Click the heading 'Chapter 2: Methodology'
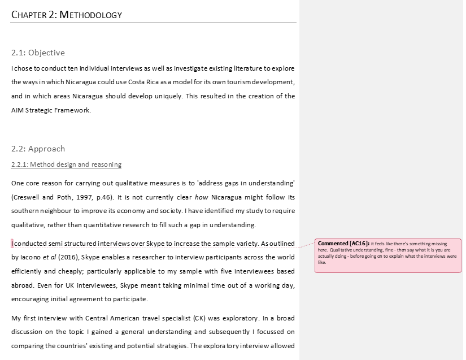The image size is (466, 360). tap(67, 15)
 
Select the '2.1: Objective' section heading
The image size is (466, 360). tap(38, 53)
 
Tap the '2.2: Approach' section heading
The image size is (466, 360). tap(38, 149)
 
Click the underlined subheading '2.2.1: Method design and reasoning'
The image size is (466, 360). tap(66, 164)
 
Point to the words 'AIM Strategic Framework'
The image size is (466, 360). tap(51, 110)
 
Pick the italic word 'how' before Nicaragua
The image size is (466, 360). tap(202, 197)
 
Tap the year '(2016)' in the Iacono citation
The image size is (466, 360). tap(69, 257)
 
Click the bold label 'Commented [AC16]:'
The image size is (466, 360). tap(343, 244)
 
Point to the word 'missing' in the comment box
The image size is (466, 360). tap(447, 244)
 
